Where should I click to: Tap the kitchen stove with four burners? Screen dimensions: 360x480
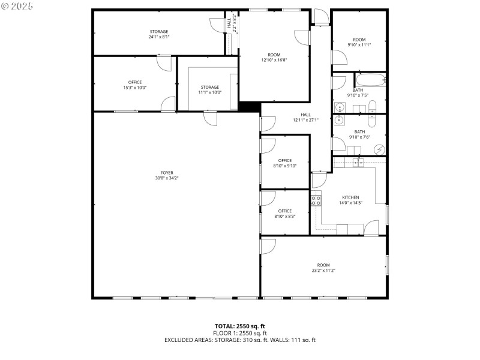[314, 200]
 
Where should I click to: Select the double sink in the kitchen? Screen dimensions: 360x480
[359, 163]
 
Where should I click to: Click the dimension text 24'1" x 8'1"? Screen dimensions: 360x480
[158, 37]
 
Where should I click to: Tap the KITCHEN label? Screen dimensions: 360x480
[350, 197]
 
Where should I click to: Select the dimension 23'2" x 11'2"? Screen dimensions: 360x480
[323, 271]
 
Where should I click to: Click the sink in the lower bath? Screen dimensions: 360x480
[340, 119]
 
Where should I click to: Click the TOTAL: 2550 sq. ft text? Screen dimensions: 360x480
[239, 326]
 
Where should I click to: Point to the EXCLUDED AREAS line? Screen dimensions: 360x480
[239, 340]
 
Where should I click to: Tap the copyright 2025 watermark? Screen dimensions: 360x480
[17, 5]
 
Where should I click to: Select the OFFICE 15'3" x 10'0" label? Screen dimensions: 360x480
[134, 85]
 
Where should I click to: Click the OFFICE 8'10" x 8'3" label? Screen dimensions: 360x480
[284, 214]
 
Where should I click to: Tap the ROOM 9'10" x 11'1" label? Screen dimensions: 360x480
[359, 42]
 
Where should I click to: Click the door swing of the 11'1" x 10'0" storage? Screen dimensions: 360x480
[211, 119]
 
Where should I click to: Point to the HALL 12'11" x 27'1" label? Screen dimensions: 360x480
[305, 117]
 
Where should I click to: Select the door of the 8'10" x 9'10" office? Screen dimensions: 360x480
[268, 145]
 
